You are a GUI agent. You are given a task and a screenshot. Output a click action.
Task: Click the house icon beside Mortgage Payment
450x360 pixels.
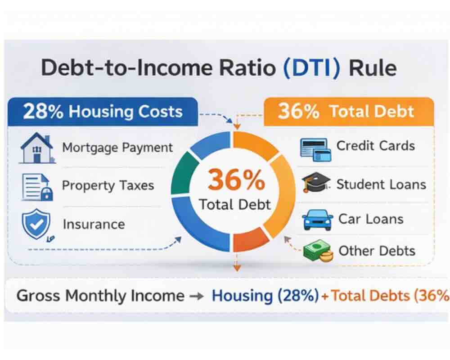point(37,148)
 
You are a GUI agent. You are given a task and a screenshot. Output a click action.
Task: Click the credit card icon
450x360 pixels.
point(315,148)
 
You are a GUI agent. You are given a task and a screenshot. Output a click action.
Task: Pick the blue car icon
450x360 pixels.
point(317,220)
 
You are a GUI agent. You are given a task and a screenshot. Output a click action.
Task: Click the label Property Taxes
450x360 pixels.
point(108,185)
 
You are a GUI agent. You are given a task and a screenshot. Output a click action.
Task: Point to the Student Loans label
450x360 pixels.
point(381,184)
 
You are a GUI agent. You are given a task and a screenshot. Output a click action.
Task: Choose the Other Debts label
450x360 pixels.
point(377,251)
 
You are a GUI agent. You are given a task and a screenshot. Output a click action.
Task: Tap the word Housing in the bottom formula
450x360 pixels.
point(242,296)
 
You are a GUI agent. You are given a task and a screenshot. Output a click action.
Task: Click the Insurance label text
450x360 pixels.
point(94,224)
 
